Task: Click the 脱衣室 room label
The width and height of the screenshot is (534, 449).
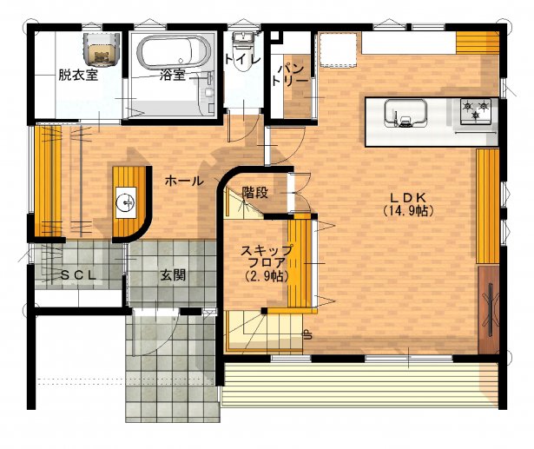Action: click(77, 76)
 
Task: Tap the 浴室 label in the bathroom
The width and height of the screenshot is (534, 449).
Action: click(172, 76)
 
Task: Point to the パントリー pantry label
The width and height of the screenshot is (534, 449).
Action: click(289, 73)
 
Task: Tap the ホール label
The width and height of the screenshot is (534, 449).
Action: click(184, 182)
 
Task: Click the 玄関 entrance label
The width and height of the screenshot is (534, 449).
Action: click(172, 276)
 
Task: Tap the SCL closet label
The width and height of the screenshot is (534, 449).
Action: click(82, 276)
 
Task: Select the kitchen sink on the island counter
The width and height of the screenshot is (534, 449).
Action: click(405, 114)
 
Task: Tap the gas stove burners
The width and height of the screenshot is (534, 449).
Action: click(475, 110)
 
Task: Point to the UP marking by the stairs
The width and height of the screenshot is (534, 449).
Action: click(307, 334)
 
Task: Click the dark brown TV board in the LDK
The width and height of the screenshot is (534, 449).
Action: click(489, 308)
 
